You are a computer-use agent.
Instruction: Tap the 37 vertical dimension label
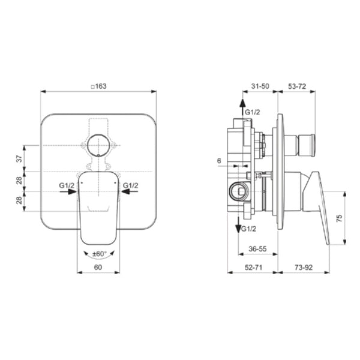coord(20,158)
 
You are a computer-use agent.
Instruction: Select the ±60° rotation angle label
coord(100,254)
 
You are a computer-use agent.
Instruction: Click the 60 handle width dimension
coord(98,267)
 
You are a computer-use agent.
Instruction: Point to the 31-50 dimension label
coord(260,86)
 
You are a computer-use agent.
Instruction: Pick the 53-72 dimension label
coord(297,86)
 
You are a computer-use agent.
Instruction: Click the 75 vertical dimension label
coord(339,218)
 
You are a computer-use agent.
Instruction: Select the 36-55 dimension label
coord(257,248)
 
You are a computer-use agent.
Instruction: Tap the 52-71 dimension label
coord(253,267)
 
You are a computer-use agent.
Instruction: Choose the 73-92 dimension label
coord(304,267)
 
